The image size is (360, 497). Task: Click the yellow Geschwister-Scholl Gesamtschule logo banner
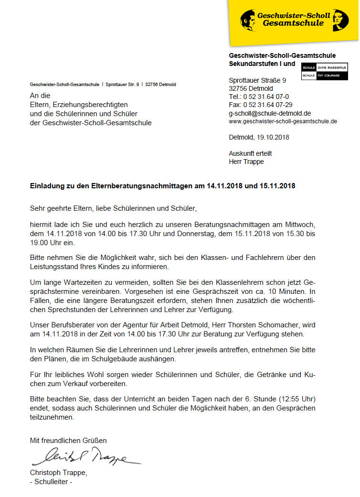[293, 20]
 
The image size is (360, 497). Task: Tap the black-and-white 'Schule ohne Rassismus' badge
[325, 72]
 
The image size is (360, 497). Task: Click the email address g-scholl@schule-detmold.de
[270, 113]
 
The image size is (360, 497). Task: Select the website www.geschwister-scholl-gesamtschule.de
[283, 121]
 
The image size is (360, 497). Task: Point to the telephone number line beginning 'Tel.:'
[259, 97]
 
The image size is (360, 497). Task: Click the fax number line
[261, 105]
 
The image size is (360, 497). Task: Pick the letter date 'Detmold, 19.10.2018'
[259, 137]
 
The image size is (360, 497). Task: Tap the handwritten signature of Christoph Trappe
[86, 457]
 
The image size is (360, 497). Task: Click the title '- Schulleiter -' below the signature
[51, 481]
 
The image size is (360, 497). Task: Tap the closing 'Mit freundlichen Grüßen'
[68, 440]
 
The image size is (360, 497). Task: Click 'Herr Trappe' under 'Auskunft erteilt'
[246, 162]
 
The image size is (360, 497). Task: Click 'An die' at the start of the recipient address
[40, 96]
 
